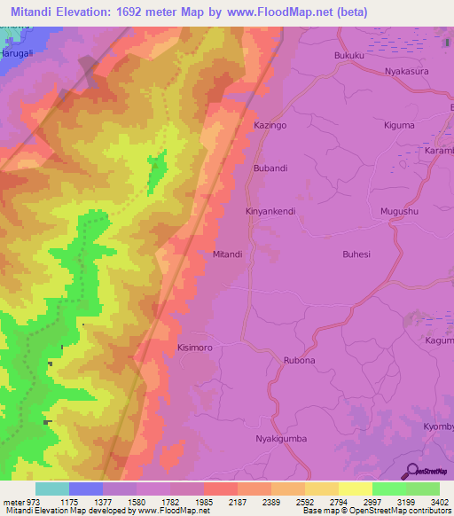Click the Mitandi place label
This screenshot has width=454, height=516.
tap(228, 254)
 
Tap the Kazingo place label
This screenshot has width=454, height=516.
tap(270, 127)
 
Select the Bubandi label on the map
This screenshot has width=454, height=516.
tap(271, 168)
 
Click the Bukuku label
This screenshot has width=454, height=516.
tap(349, 56)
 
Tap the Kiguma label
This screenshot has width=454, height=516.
tap(399, 125)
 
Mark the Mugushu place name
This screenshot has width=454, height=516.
tap(398, 212)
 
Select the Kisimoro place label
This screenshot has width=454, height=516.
tap(195, 348)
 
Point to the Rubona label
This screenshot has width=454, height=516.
tap(299, 361)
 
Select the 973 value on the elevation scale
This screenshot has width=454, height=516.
tap(26, 502)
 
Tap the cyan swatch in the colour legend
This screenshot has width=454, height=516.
tap(51, 489)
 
